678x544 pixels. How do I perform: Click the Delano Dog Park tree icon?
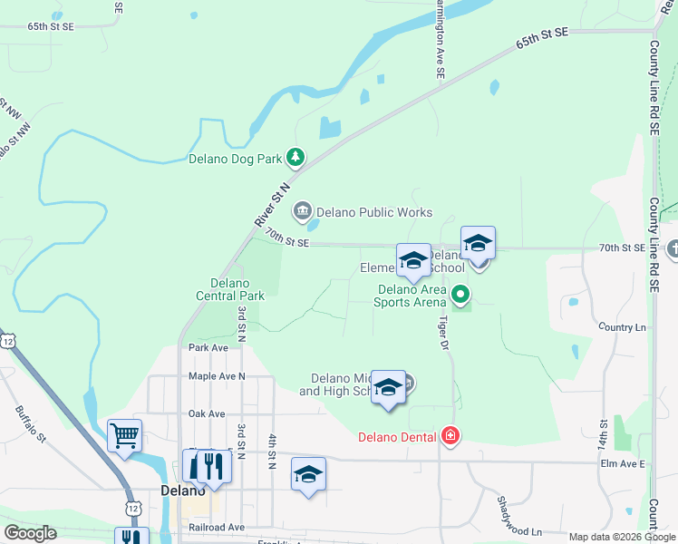click(x=295, y=159)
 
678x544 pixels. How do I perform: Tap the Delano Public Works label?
click(x=373, y=212)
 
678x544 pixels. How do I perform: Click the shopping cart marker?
click(x=124, y=435)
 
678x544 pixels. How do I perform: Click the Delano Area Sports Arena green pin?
click(x=460, y=294)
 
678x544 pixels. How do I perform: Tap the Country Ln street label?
click(x=623, y=326)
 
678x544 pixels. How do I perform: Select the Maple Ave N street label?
click(x=217, y=375)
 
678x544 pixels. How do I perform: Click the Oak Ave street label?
click(x=207, y=413)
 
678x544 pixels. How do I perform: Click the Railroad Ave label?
click(x=217, y=527)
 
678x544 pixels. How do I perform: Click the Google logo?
click(x=30, y=533)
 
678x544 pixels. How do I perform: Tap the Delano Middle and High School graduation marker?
click(x=388, y=387)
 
